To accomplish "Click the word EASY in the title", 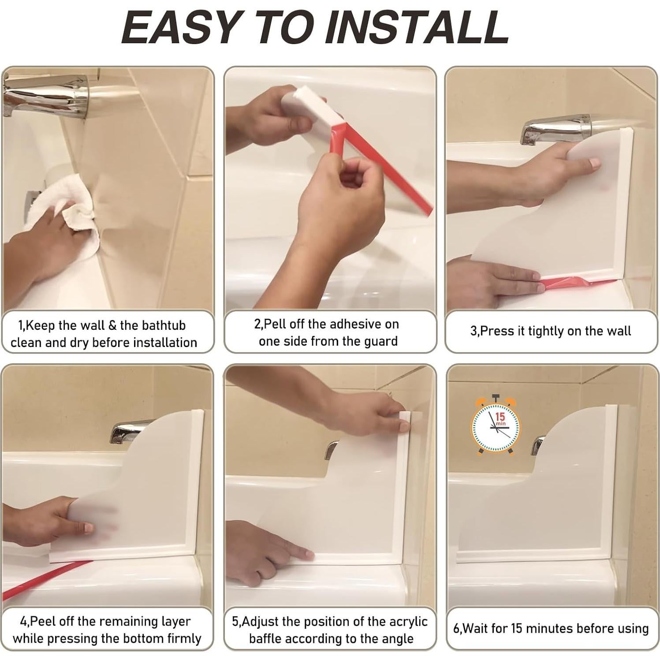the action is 180,27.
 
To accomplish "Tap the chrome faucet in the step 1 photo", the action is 44,95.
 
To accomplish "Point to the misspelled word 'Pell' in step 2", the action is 272,324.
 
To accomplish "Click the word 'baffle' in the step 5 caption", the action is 268,638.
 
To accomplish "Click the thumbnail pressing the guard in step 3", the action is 594,164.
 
